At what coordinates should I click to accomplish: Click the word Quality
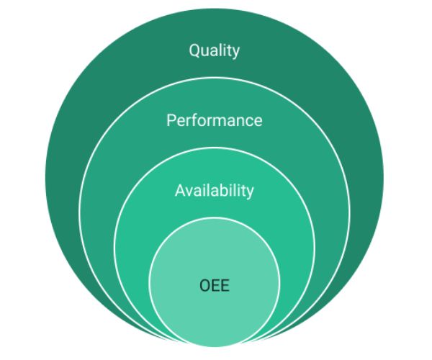point(214,50)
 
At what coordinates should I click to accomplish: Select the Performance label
point(214,120)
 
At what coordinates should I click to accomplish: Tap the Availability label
point(214,191)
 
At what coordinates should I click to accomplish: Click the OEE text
point(214,286)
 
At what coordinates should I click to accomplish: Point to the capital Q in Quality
point(194,50)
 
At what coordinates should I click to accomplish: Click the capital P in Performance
point(171,120)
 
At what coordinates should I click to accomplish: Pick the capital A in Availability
point(180,191)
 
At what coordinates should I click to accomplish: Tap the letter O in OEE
point(204,286)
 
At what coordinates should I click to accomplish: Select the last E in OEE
point(225,286)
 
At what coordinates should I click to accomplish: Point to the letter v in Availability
point(190,192)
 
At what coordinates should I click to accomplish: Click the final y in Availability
point(250,193)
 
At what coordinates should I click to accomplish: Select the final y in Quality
point(235,53)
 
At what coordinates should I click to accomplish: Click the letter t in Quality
point(228,50)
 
